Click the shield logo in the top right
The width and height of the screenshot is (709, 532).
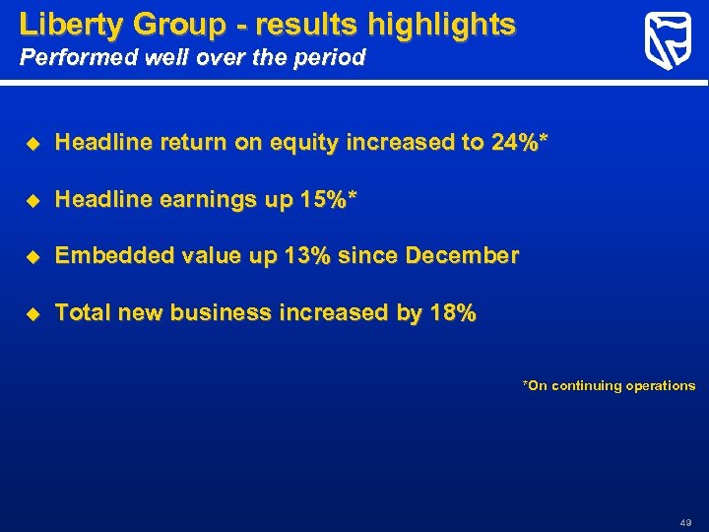tap(667, 42)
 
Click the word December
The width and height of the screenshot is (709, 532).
tap(462, 256)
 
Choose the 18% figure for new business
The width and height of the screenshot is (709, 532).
tap(451, 313)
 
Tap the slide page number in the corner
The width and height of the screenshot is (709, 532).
tap(685, 521)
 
